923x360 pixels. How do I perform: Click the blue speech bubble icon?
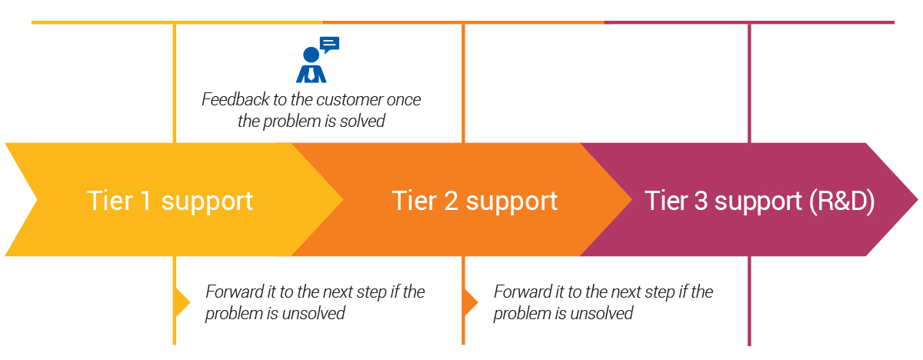(x=330, y=44)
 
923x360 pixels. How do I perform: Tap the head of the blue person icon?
(x=311, y=55)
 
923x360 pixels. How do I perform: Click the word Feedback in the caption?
(x=235, y=99)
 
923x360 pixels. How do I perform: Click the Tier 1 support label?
(x=170, y=201)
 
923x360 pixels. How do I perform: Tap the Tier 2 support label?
(x=475, y=201)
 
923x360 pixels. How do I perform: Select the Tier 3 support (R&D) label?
(x=759, y=201)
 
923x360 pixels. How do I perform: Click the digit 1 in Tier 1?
(x=145, y=201)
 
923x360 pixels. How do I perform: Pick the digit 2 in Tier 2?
(x=451, y=201)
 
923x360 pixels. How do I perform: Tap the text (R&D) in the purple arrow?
(x=841, y=201)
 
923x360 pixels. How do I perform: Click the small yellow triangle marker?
(x=183, y=303)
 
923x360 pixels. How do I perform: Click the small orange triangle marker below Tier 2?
(x=471, y=303)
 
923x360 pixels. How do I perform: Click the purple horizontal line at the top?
(x=749, y=22)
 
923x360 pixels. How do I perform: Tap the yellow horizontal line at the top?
(x=177, y=22)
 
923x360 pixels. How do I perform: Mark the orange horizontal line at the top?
(x=463, y=22)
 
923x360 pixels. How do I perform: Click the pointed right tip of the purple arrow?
(x=918, y=200)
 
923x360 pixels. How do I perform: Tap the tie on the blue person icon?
(x=311, y=73)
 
